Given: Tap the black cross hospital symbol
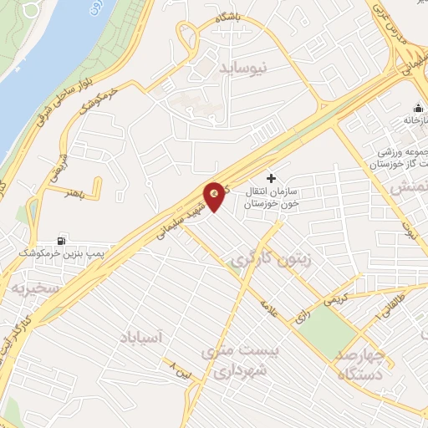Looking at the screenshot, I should tap(270, 178).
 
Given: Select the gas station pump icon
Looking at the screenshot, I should tap(61, 241).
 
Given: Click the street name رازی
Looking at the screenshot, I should tap(299, 318).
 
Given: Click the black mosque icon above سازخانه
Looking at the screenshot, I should tap(415, 109).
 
